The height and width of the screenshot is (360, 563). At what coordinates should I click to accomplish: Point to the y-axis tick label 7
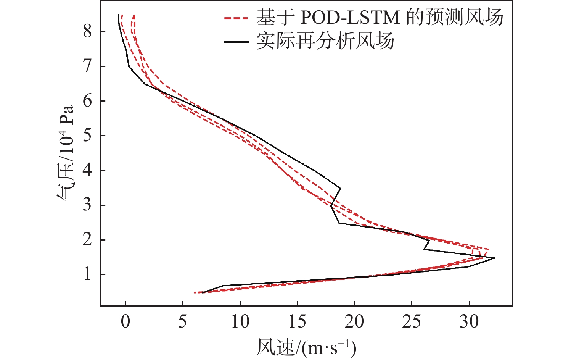[88, 66]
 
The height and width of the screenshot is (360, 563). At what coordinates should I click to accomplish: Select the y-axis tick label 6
[88, 101]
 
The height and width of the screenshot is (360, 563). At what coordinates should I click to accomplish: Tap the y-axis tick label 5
[88, 136]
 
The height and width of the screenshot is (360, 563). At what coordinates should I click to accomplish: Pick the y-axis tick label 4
[88, 170]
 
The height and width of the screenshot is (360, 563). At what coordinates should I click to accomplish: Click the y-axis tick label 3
[88, 205]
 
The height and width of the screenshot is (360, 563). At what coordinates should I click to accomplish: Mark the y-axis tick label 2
[88, 240]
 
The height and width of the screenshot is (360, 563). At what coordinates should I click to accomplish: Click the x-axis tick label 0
[125, 321]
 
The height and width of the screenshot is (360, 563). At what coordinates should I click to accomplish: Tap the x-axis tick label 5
[183, 321]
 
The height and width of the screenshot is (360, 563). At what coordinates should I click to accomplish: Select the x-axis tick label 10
[240, 321]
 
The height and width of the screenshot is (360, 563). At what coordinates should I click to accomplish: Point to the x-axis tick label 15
[297, 321]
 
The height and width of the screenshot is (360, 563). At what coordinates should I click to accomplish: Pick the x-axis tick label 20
[354, 321]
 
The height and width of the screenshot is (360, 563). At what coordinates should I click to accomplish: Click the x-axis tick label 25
[412, 321]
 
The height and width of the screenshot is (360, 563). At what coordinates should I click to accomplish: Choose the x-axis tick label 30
[469, 321]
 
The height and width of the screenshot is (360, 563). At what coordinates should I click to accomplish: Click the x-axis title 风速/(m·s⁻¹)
[306, 347]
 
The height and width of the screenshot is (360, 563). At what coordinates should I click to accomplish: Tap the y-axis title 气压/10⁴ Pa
[66, 153]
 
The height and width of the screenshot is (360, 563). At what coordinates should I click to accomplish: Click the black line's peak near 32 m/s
[495, 258]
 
